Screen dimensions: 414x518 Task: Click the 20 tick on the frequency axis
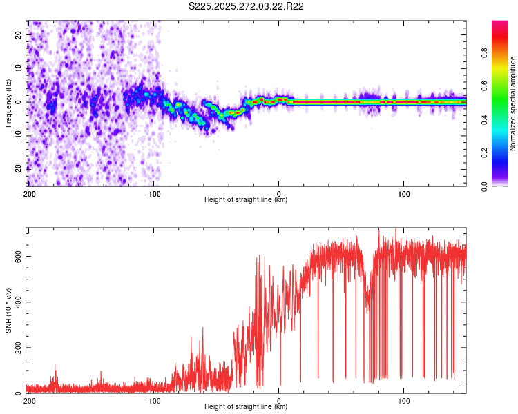(x=19, y=34)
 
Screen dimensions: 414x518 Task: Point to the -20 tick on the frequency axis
(x=17, y=169)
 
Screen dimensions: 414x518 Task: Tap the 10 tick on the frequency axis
(x=19, y=68)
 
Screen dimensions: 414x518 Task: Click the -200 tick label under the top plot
(x=28, y=193)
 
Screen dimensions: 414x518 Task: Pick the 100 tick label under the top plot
(x=404, y=193)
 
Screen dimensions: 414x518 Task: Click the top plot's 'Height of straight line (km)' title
(x=246, y=200)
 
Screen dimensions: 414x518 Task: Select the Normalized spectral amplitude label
(x=513, y=103)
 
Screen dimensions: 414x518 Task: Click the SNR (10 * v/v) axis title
(x=8, y=310)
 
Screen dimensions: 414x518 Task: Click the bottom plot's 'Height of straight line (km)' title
(x=246, y=407)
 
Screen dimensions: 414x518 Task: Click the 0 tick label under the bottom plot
(x=279, y=400)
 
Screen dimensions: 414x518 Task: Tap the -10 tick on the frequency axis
(x=17, y=135)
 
